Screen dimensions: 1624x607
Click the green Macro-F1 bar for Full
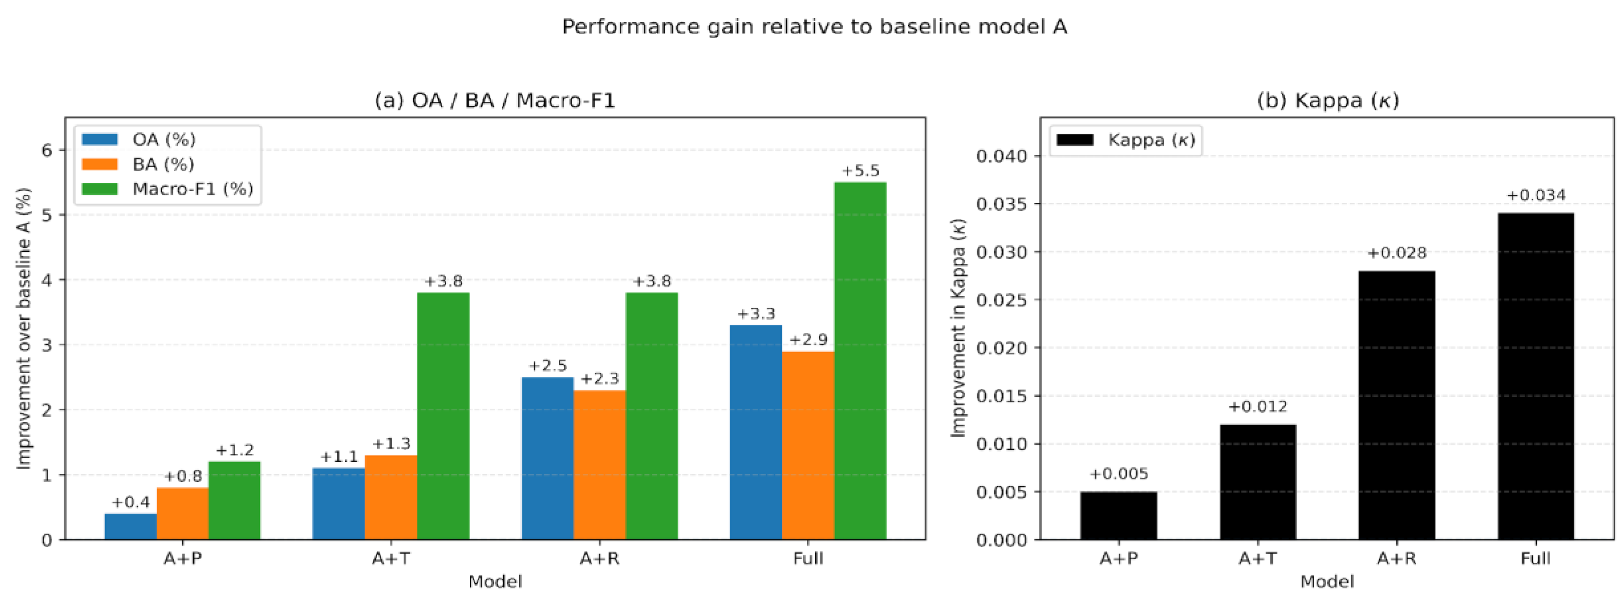pos(860,361)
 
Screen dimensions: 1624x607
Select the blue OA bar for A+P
pos(130,526)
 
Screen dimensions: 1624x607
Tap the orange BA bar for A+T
pos(391,497)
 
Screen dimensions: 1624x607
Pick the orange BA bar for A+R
pos(600,465)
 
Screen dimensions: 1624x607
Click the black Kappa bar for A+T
pos(1258,482)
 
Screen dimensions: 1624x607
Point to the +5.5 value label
pos(860,170)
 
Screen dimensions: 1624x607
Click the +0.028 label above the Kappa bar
pos(1396,253)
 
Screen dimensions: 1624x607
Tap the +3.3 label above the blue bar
pos(756,313)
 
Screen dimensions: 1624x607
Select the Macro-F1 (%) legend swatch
pos(99,189)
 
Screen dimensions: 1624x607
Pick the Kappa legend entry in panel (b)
pos(1125,139)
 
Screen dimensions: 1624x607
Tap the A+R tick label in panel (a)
pos(600,558)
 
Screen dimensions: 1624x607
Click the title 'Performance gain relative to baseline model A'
pos(814,27)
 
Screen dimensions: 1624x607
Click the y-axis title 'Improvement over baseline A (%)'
pos(23,328)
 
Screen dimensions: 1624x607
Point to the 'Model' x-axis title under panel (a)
pos(495,581)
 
